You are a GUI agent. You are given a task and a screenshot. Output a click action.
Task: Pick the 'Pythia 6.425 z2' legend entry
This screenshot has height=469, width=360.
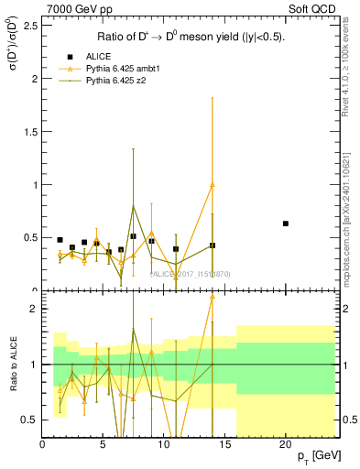point(117,82)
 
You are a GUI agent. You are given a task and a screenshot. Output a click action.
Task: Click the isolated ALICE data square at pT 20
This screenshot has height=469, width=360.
point(286,224)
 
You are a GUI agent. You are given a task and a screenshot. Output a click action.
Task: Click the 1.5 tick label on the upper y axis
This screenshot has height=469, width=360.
point(27,132)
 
